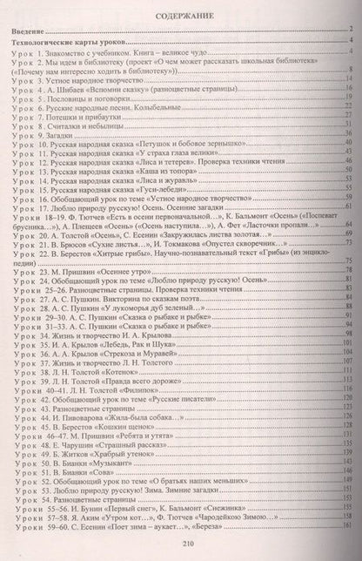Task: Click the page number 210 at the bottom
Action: (x=181, y=544)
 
